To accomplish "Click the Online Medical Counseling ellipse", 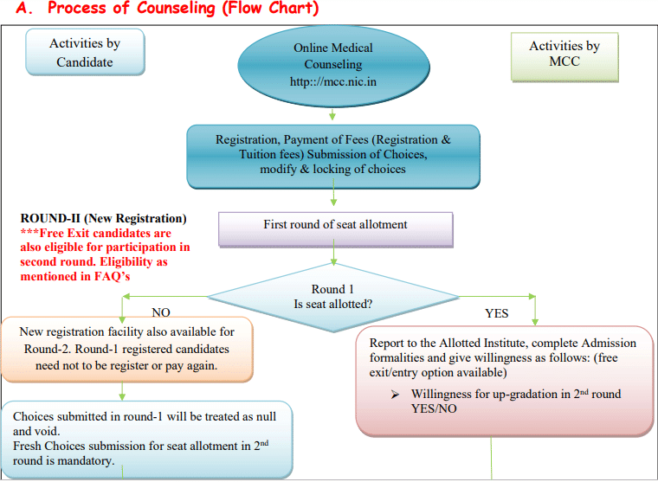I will coord(333,65).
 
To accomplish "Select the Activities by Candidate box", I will coord(85,53).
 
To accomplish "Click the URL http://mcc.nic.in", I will coord(333,83).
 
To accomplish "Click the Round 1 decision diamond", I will coord(334,296).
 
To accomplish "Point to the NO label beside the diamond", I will coord(161,312).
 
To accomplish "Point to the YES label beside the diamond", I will coord(496,312).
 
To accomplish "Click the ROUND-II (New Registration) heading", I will coord(103,219).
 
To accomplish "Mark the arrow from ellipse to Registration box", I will coord(333,113).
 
